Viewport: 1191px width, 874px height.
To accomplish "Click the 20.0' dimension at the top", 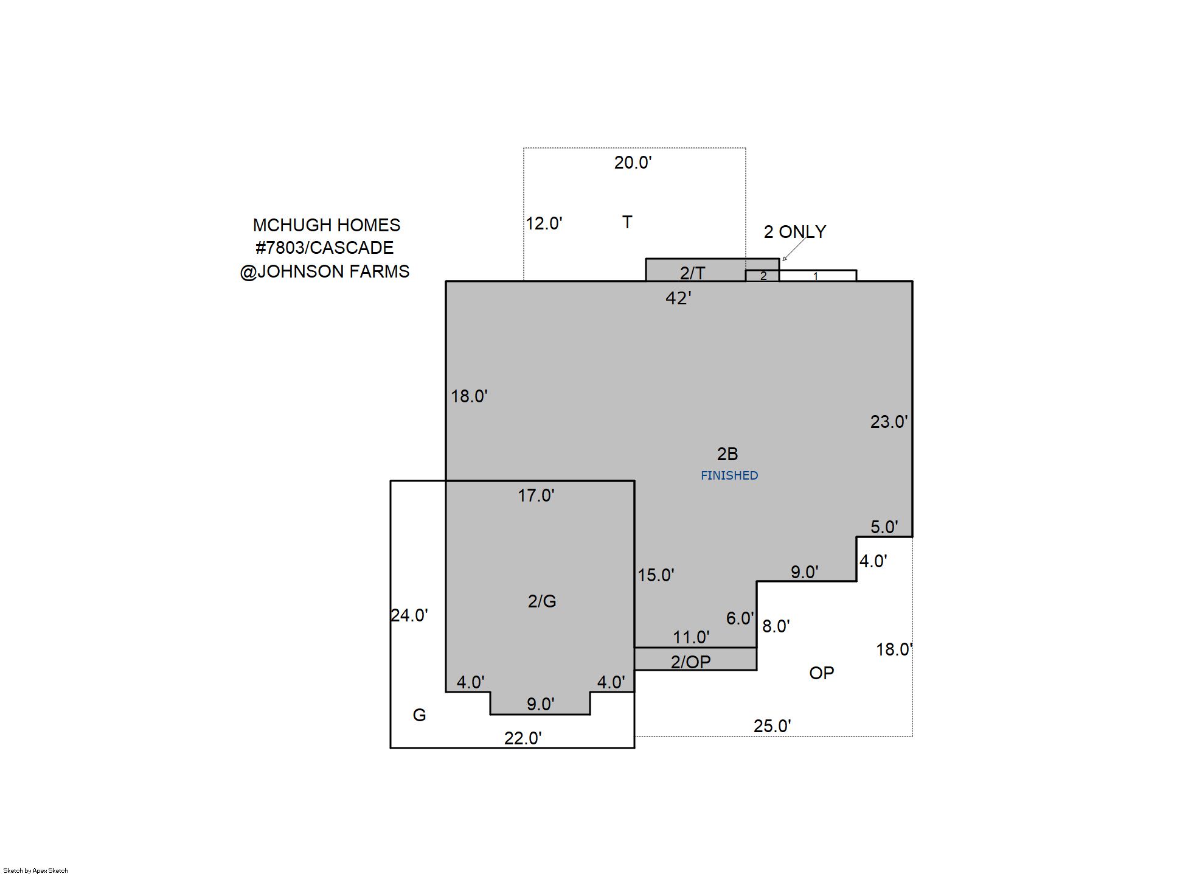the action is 633,163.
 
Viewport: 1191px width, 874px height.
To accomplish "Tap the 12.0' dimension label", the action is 544,223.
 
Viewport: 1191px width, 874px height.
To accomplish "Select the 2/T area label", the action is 692,273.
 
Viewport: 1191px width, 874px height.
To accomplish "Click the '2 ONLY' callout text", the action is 795,232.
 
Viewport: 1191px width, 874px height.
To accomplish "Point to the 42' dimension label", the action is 678,298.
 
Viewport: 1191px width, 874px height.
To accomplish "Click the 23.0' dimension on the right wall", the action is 889,422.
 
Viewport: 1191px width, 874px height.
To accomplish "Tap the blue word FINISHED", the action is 729,475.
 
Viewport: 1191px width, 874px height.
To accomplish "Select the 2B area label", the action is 727,454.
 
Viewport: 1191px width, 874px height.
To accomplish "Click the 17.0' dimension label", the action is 536,495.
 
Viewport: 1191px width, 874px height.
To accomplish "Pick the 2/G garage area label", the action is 542,601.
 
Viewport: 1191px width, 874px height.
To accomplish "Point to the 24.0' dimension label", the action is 409,615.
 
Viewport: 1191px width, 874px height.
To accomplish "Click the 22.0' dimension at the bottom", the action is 523,738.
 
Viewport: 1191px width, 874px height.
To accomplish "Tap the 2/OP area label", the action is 690,662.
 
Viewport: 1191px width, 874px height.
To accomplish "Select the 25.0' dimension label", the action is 773,726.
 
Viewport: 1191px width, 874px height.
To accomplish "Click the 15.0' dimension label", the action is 656,575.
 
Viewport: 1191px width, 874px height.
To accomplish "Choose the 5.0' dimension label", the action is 884,527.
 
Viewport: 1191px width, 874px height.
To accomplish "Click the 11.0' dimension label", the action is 691,637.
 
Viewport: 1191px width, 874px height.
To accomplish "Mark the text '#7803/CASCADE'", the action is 325,248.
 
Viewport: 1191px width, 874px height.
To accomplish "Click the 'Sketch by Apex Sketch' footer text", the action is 36,870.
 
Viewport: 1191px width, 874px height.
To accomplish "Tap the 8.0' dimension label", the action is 776,626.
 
